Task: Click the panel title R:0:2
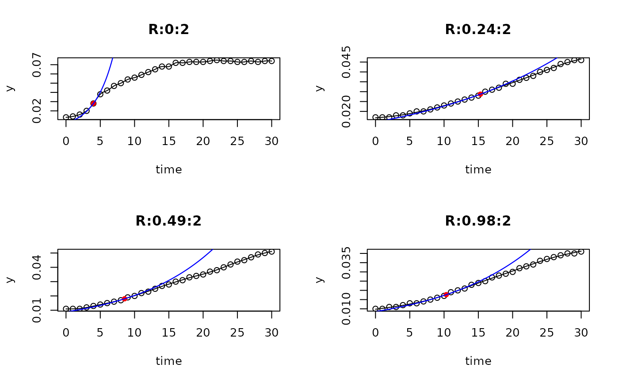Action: point(168,30)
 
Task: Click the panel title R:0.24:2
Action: point(478,30)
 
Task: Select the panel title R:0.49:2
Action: point(168,221)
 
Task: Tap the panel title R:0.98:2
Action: point(478,221)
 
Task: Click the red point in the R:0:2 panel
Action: point(93,103)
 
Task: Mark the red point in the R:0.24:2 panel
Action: point(480,94)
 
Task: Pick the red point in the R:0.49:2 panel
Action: point(125,299)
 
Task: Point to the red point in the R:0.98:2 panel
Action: point(446,294)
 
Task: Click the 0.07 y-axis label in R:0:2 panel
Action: point(37,65)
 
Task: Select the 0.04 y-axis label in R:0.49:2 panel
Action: point(37,267)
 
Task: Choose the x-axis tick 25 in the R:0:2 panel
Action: point(237,141)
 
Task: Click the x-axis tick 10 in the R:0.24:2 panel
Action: point(444,141)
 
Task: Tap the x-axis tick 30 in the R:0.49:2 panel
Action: point(271,333)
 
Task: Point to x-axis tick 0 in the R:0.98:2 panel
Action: point(375,333)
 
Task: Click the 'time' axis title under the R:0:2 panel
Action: point(168,169)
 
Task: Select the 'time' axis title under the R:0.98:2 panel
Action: point(478,361)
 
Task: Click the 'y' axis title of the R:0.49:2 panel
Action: point(10,280)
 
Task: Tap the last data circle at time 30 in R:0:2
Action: point(271,61)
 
